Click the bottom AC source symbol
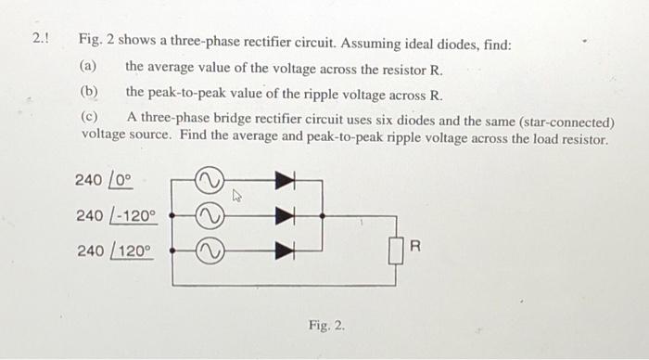point(208,249)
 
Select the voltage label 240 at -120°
point(117,215)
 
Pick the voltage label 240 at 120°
point(113,251)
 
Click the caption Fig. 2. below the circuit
point(326,326)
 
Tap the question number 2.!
point(40,41)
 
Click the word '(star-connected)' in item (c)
point(567,121)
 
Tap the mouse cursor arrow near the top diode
point(237,195)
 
